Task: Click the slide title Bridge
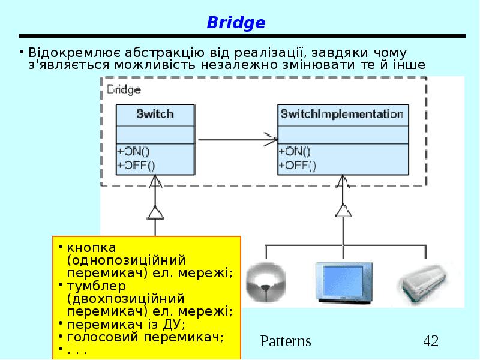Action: click(x=236, y=23)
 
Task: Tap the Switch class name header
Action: click(x=155, y=114)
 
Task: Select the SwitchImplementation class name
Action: click(x=342, y=114)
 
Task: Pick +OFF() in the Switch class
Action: click(x=136, y=164)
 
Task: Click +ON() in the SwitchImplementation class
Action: click(x=295, y=152)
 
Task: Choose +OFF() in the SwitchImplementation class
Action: click(x=297, y=164)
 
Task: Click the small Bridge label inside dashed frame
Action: click(x=124, y=90)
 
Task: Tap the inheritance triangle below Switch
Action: click(x=155, y=212)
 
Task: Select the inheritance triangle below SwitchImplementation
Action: click(x=343, y=211)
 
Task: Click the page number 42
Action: click(x=431, y=341)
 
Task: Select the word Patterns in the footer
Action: click(x=286, y=341)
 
